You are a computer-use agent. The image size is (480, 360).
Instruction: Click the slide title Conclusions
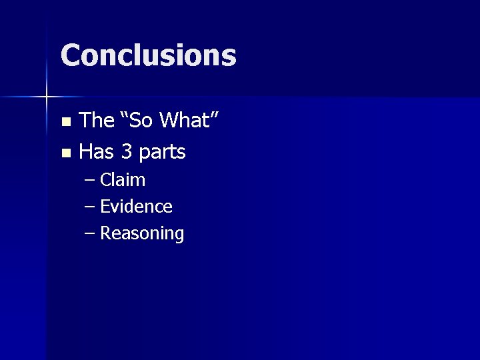click(x=148, y=55)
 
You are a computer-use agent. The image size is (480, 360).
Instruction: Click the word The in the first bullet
click(x=97, y=121)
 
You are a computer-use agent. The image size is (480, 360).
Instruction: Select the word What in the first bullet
click(x=186, y=121)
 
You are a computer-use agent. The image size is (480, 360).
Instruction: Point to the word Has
click(x=97, y=152)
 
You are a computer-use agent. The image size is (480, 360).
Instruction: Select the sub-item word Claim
click(x=123, y=180)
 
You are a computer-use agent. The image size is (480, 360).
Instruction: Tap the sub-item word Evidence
click(x=136, y=207)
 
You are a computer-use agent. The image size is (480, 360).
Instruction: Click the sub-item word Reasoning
click(x=142, y=234)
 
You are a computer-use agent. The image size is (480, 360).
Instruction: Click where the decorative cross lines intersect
click(x=46, y=97)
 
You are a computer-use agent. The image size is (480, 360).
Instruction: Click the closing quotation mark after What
click(x=215, y=115)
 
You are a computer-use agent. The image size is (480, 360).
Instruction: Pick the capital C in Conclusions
click(x=71, y=55)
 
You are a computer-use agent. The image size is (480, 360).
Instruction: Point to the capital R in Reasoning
click(x=105, y=233)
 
